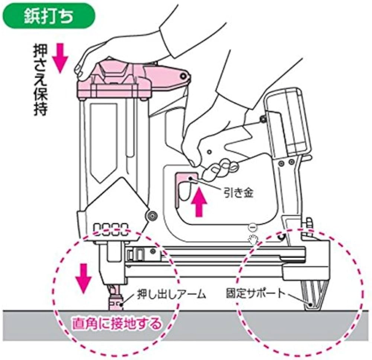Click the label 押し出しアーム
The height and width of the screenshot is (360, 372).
[x=170, y=295]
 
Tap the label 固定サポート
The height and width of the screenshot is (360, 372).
[x=255, y=294]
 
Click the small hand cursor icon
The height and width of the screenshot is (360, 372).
[x=254, y=238]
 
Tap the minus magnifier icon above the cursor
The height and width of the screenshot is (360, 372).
[x=252, y=226]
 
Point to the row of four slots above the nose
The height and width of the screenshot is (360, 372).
[x=111, y=228]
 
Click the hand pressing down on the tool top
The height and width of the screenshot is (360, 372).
[x=97, y=56]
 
